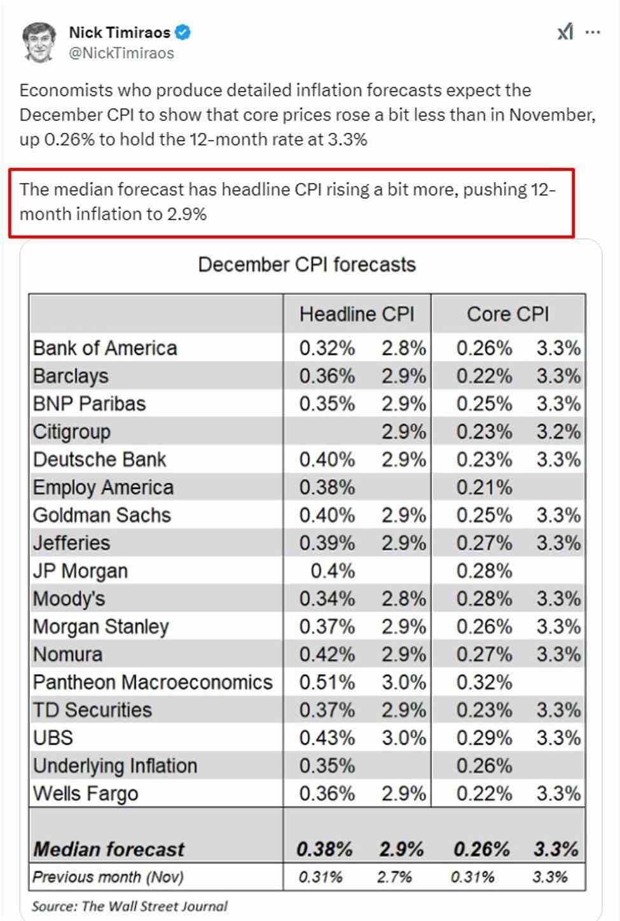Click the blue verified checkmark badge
click(183, 32)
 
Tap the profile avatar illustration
click(39, 43)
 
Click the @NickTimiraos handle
click(121, 53)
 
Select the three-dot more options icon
click(593, 32)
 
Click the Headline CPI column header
click(357, 314)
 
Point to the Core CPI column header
click(507, 314)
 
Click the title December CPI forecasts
click(307, 265)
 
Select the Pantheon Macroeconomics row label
click(153, 682)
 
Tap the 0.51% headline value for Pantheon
click(327, 682)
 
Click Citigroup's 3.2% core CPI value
click(558, 432)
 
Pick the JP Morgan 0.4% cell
click(333, 571)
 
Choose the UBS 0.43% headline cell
click(327, 738)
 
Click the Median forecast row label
click(109, 849)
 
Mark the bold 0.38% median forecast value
click(324, 849)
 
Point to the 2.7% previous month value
click(394, 877)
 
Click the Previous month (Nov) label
click(108, 877)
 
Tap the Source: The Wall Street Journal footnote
click(130, 906)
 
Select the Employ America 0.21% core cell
click(484, 488)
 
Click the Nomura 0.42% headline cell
click(327, 654)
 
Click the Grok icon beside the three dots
click(565, 32)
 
